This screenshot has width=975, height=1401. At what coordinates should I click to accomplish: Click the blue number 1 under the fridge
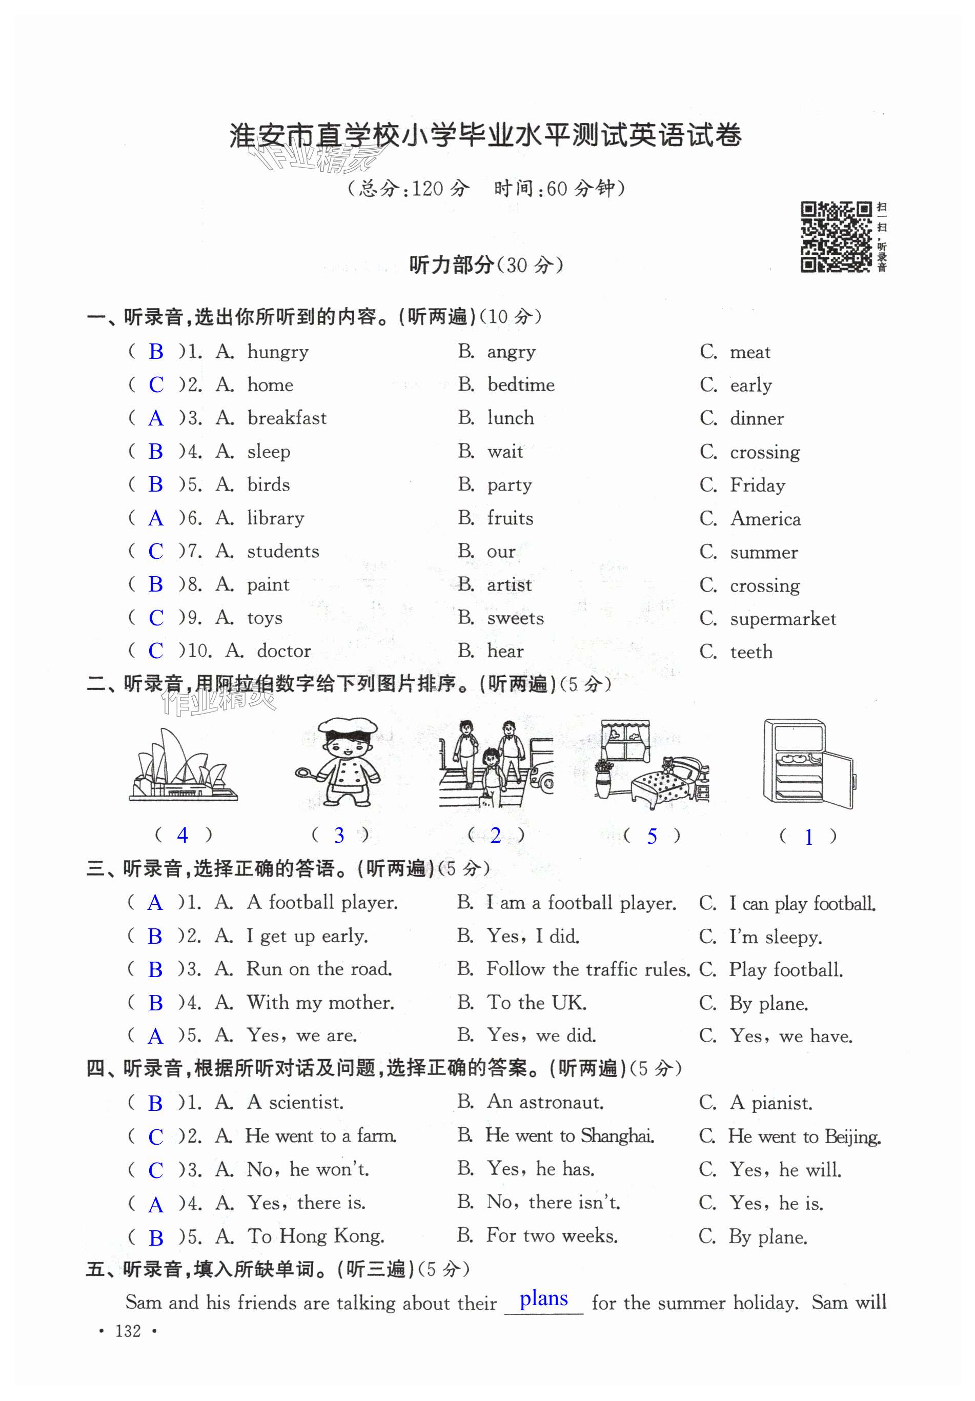tap(808, 837)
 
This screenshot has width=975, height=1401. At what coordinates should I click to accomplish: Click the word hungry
tap(278, 352)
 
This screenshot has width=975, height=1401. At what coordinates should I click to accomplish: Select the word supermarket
tap(783, 619)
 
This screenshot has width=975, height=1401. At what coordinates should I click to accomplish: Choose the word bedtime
tap(520, 385)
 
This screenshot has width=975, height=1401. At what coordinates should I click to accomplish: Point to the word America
tap(765, 519)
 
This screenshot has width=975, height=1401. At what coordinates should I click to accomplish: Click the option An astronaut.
tap(545, 1102)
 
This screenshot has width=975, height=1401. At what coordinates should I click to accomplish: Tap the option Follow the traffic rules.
tap(587, 969)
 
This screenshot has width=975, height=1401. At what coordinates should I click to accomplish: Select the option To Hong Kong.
tap(315, 1236)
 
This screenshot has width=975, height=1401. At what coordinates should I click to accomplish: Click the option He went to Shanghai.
tap(569, 1135)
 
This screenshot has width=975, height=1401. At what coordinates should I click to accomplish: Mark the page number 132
tap(128, 1331)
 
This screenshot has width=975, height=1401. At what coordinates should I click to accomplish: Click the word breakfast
tap(287, 418)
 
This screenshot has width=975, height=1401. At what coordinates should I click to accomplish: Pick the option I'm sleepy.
tap(776, 937)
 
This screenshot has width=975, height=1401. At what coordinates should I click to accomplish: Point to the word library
tap(275, 518)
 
